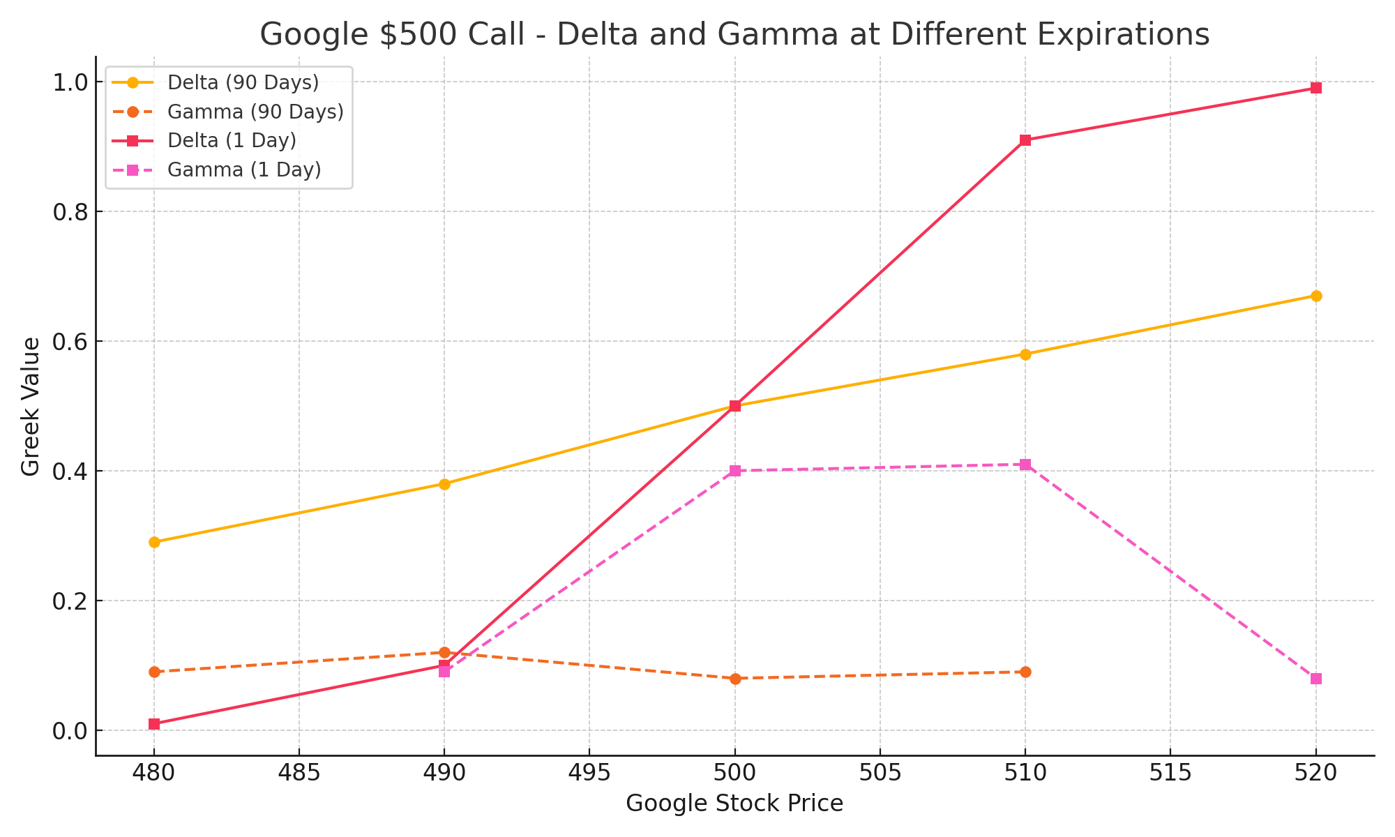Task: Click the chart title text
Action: [x=734, y=35]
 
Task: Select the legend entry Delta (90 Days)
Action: [x=243, y=82]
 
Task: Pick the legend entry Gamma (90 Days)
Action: [x=255, y=112]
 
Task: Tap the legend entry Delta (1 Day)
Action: [x=232, y=140]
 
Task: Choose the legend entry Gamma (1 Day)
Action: [x=244, y=169]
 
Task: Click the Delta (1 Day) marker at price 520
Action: [x=1316, y=88]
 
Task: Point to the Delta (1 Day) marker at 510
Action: [x=1025, y=140]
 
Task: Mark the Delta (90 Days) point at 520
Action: [x=1316, y=296]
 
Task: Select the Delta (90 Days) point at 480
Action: [x=154, y=542]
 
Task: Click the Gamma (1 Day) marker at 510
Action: [x=1025, y=465]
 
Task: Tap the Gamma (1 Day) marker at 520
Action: [x=1316, y=679]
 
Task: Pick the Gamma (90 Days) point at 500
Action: [x=735, y=679]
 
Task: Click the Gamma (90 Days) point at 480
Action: [x=154, y=672]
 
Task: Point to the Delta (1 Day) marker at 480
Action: [x=154, y=724]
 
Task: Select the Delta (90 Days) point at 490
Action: [x=444, y=484]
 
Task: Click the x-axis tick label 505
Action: [x=880, y=773]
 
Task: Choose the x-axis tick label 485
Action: [x=299, y=773]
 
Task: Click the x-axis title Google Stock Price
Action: [x=734, y=804]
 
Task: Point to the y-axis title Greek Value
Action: [x=31, y=407]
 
